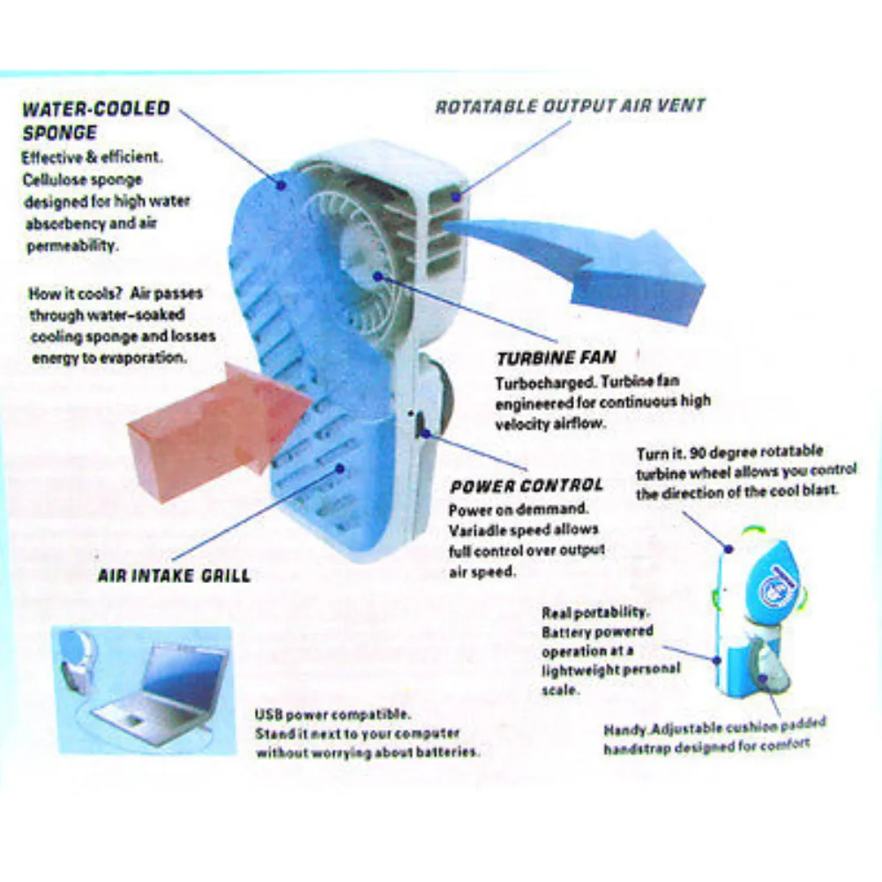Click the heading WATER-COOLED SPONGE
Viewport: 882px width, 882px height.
point(96,120)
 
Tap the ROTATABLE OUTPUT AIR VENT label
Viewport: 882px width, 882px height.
point(571,106)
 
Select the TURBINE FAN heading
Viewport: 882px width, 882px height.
point(557,358)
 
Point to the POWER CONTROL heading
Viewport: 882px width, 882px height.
point(527,485)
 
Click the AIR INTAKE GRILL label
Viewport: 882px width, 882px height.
point(174,575)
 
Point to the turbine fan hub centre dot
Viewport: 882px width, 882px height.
point(378,276)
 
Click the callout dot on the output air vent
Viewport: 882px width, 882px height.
point(456,197)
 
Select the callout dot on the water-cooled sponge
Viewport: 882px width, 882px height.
point(280,184)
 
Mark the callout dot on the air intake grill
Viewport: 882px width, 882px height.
point(340,468)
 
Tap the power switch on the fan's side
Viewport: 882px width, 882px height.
point(421,425)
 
